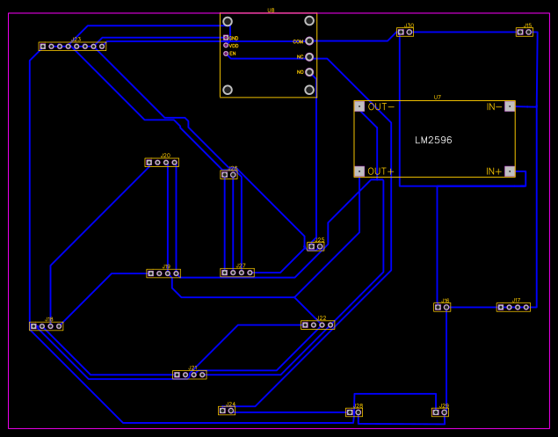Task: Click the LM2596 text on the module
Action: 433,140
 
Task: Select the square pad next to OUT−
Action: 359,106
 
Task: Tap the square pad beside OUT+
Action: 359,171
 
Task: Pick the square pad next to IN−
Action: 510,106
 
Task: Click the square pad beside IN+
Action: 510,171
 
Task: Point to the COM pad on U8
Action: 309,41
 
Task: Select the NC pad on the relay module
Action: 309,56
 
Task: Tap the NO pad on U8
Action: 309,71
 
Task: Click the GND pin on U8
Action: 226,38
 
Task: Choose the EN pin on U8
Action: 226,54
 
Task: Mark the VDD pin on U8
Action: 226,46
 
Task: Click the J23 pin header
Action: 72,46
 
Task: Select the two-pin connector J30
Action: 404,32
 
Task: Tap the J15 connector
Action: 524,32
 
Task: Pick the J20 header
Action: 162,162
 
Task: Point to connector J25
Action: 315,246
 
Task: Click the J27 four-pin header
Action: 237,273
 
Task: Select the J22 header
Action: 317,324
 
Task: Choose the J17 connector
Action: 513,307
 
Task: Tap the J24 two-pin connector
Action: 227,410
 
